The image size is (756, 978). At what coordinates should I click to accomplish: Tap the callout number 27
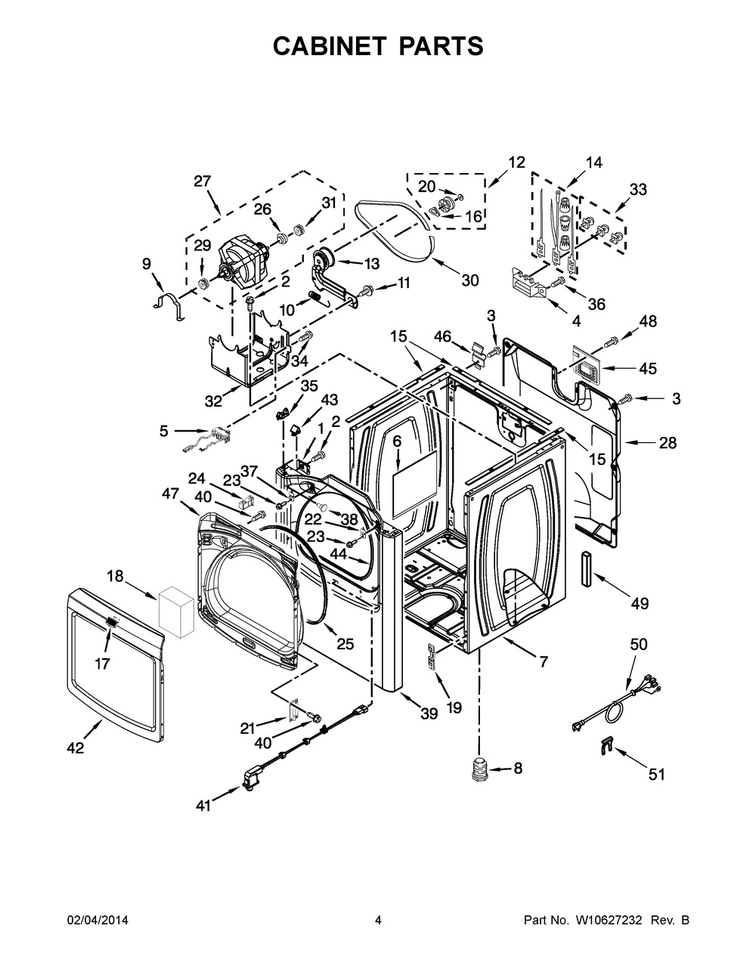pyautogui.click(x=203, y=181)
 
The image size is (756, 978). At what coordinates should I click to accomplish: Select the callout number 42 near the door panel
pyautogui.click(x=75, y=747)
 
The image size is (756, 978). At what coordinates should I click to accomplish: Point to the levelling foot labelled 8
pyautogui.click(x=479, y=769)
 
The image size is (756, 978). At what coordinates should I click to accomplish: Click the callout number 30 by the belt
pyautogui.click(x=469, y=280)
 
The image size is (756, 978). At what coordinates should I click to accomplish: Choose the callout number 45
pyautogui.click(x=648, y=368)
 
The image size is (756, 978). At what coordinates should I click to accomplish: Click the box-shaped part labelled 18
pyautogui.click(x=176, y=611)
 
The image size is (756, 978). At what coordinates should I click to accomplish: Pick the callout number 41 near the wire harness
pyautogui.click(x=203, y=806)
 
